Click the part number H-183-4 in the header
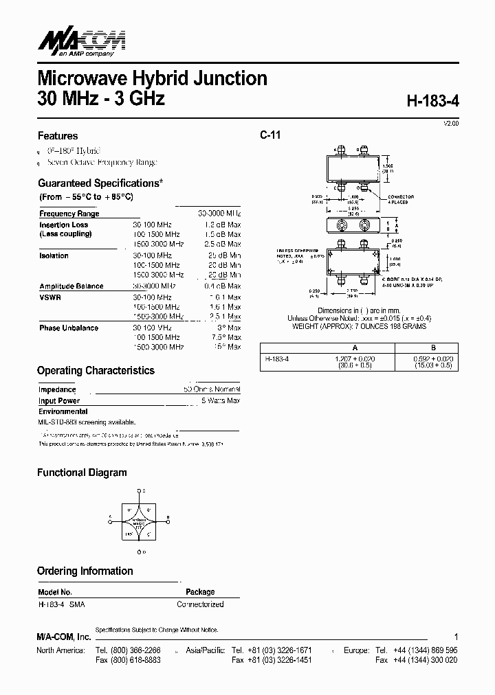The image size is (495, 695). [432, 100]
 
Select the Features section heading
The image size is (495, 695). [58, 136]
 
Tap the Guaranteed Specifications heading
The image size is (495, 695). [100, 183]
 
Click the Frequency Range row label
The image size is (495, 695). [69, 214]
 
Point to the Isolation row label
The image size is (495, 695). [54, 255]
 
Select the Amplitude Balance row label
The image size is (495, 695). [71, 286]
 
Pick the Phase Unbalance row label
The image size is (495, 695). [69, 328]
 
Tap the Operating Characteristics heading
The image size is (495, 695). [96, 370]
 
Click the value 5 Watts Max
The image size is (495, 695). [221, 400]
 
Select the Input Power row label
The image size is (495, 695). [59, 400]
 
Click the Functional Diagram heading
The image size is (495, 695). [82, 472]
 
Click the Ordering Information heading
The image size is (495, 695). [85, 571]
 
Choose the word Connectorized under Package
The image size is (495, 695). [200, 604]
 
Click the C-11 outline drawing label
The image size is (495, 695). [270, 135]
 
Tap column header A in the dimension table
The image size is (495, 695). [355, 348]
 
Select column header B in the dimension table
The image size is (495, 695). [433, 348]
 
